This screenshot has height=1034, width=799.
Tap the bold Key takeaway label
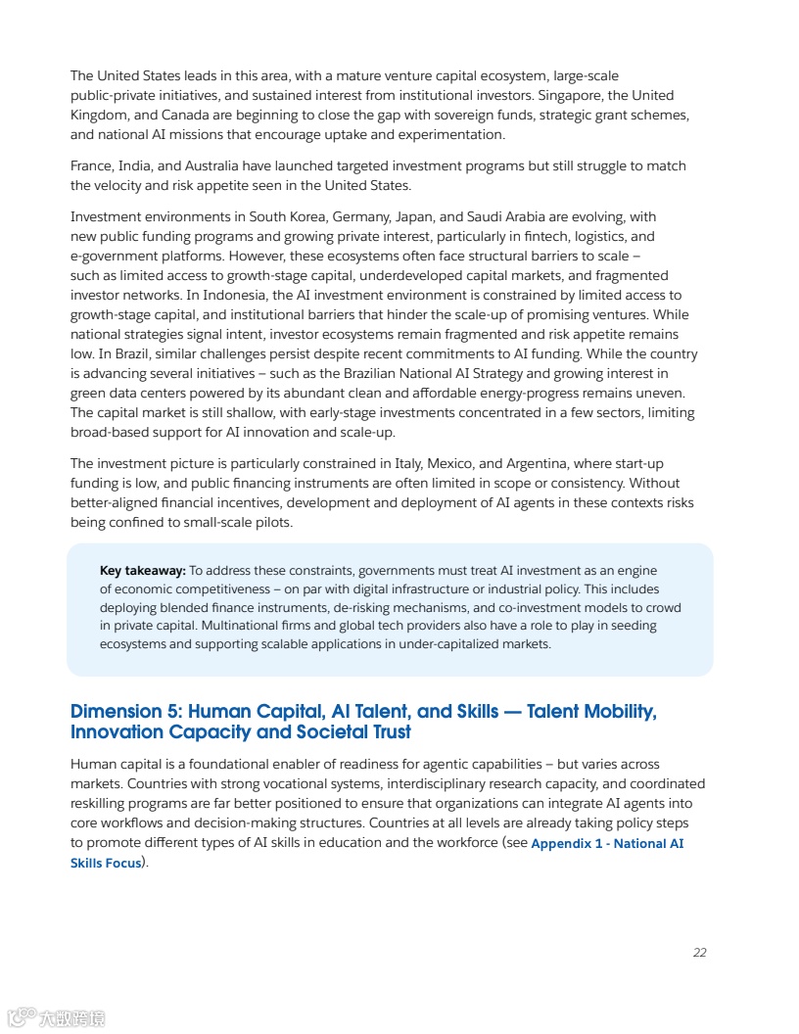click(142, 571)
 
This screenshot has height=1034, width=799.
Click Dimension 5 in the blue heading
click(123, 712)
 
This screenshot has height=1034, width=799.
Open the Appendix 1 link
click(606, 843)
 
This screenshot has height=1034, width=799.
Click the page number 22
click(699, 952)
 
